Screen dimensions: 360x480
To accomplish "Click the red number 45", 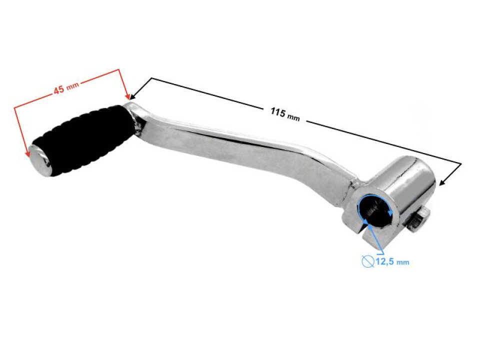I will click(58, 90).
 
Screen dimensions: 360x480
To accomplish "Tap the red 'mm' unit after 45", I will click(73, 86).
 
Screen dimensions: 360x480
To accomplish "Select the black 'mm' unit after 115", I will click(293, 117).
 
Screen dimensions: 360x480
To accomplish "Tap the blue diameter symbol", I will click(367, 260).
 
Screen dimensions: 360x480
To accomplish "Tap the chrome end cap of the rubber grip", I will click(39, 159).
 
